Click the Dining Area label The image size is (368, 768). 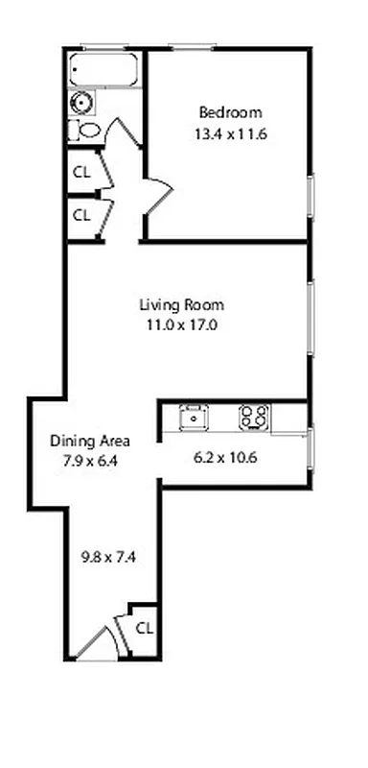[x=90, y=442]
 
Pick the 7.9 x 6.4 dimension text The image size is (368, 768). [x=90, y=460]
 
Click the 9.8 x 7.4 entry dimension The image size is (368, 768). [x=108, y=555]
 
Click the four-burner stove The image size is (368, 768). [x=254, y=417]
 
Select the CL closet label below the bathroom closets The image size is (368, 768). [x=81, y=214]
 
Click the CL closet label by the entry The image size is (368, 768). [x=144, y=628]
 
